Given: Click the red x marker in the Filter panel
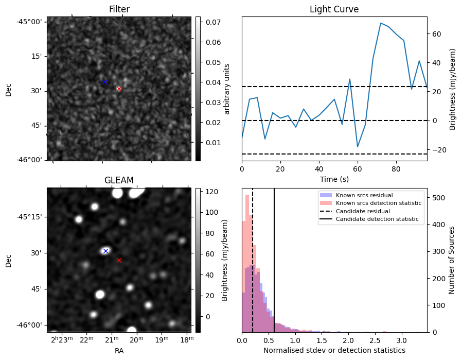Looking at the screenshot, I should pos(119,89).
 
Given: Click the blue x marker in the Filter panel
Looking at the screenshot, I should pos(104,82).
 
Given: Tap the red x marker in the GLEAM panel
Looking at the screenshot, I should pos(119,260).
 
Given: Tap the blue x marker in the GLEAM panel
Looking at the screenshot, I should pos(105,251).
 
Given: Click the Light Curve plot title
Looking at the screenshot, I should pos(334,9).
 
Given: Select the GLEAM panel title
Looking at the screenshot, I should pos(119,180).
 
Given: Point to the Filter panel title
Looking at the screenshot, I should pos(119,9).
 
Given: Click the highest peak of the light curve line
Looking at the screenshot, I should pos(381,23).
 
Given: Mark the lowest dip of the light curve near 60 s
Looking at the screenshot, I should pos(358,147).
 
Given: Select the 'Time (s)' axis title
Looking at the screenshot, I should pos(334,178).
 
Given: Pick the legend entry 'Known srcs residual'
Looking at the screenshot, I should pos(364,195).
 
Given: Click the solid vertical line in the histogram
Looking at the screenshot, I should pos(274,258).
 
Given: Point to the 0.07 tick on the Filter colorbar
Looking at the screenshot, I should pos(212,22).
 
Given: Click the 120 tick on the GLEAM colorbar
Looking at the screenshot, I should pos(212,192).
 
